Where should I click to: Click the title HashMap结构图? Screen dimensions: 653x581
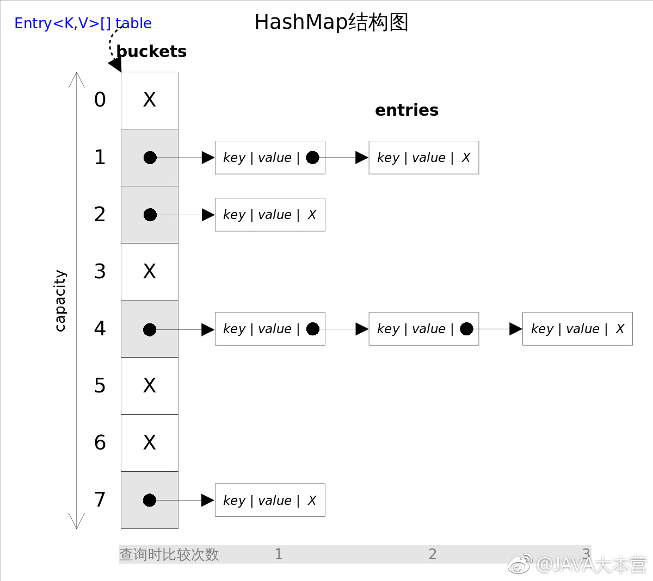click(x=331, y=22)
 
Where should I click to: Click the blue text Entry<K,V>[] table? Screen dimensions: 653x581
click(x=83, y=23)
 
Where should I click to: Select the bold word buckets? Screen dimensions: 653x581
click(x=151, y=52)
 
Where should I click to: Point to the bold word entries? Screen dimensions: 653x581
click(x=406, y=110)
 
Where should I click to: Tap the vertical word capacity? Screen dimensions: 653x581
click(x=60, y=301)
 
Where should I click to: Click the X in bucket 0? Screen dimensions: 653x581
click(x=150, y=100)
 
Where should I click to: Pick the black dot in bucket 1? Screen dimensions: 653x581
click(x=150, y=158)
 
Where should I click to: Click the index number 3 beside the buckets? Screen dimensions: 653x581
click(x=100, y=271)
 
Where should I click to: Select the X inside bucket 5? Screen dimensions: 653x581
click(x=150, y=386)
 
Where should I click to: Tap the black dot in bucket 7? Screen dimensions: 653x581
click(x=150, y=500)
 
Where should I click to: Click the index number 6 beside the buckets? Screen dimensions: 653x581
click(x=100, y=442)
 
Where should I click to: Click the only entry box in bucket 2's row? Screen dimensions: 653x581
click(x=270, y=215)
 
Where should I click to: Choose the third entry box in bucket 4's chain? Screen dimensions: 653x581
click(x=577, y=329)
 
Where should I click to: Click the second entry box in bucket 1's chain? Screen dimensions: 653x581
click(x=424, y=158)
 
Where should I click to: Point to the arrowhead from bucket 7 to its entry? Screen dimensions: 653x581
click(x=208, y=500)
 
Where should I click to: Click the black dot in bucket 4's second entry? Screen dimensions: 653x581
click(x=466, y=329)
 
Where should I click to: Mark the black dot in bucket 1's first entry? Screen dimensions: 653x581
click(x=312, y=158)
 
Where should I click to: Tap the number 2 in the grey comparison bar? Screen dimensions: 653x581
click(x=433, y=554)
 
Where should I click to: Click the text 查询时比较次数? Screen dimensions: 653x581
click(x=169, y=554)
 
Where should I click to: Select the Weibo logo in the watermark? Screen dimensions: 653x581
click(x=520, y=564)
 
